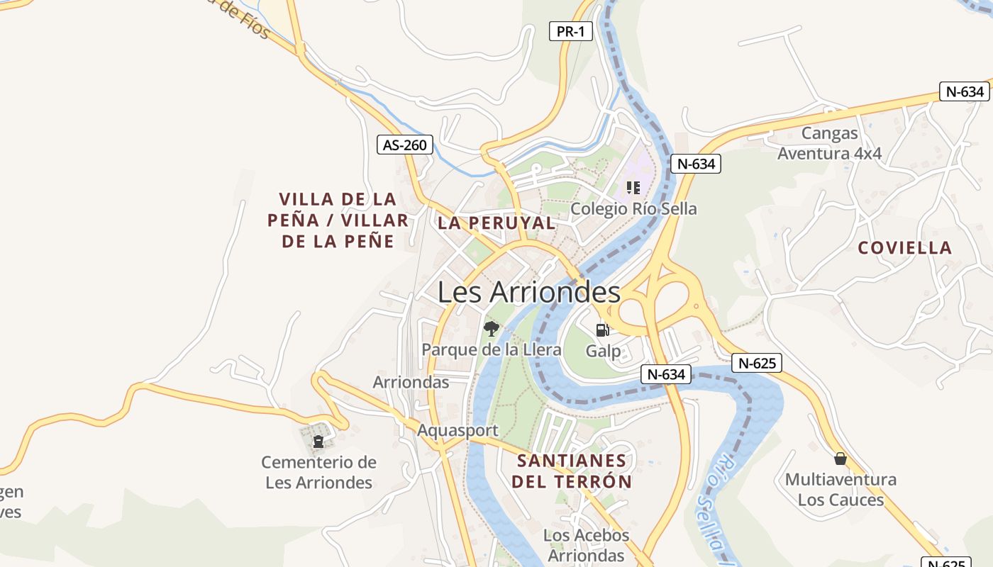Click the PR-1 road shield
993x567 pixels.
570,31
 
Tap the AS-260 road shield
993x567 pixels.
404,145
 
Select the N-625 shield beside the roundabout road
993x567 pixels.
756,364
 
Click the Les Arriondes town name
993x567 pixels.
528,292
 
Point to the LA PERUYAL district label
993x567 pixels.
496,223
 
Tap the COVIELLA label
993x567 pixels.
904,247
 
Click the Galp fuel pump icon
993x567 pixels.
602,330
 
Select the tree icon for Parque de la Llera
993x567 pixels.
491,328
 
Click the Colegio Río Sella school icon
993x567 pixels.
633,188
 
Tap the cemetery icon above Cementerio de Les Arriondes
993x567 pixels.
318,442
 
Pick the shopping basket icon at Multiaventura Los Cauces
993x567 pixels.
841,459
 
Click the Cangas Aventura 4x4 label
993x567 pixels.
829,143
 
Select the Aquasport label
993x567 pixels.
457,430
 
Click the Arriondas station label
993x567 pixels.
411,382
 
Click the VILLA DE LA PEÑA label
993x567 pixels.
338,220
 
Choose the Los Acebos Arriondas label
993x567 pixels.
587,545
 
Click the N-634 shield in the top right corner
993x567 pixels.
964,91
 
